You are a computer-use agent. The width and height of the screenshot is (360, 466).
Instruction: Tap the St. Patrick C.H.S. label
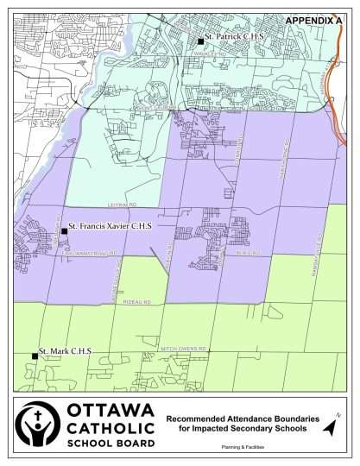click(232, 40)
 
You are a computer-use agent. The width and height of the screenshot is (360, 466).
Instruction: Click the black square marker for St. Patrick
click(200, 41)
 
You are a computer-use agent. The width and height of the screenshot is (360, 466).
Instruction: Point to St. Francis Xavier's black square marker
click(64, 230)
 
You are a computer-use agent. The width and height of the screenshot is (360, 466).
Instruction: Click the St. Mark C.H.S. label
click(66, 352)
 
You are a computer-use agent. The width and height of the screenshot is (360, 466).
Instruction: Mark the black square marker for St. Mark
click(35, 355)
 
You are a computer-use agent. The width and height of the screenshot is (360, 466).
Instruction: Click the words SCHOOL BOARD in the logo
click(111, 443)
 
